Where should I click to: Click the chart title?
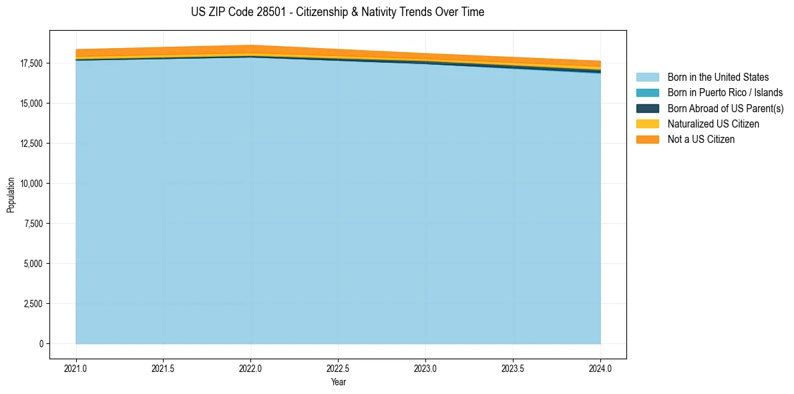(x=337, y=12)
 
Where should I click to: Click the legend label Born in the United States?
(x=718, y=77)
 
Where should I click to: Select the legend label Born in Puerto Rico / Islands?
(x=725, y=93)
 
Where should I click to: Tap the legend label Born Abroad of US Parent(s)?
(x=725, y=108)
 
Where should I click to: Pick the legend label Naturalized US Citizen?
(x=713, y=124)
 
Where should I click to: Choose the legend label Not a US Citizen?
(x=701, y=140)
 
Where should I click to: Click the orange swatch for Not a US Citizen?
(x=647, y=140)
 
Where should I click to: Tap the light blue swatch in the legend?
(x=647, y=77)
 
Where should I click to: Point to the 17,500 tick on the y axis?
(x=31, y=63)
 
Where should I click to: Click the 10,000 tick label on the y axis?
(x=31, y=184)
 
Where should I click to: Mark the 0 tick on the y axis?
(x=41, y=344)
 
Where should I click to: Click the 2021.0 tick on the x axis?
(x=76, y=368)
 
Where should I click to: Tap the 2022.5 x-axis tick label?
(x=338, y=368)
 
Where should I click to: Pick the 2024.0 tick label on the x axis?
(x=600, y=368)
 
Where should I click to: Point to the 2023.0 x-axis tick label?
(x=425, y=368)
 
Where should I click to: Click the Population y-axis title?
(x=11, y=195)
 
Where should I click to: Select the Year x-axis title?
(x=338, y=383)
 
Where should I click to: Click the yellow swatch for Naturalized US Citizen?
(x=647, y=124)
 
